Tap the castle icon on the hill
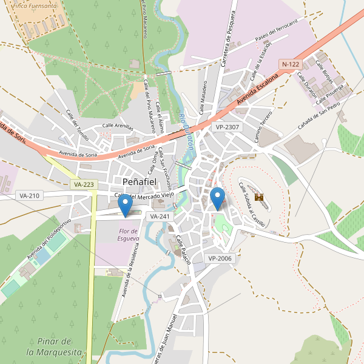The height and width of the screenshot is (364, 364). (260, 197)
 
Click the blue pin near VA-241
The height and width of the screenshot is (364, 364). (126, 206)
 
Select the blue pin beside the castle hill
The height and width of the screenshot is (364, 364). (217, 199)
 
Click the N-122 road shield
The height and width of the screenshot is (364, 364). (291, 64)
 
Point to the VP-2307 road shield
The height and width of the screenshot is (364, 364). (227, 127)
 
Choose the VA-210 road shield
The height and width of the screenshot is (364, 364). (29, 195)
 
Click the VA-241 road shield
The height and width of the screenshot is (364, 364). (160, 216)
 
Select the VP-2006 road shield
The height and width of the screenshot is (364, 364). (220, 258)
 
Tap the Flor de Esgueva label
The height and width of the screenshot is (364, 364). (129, 235)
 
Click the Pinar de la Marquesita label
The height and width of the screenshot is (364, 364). (55, 346)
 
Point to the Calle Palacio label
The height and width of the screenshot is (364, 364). (184, 249)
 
